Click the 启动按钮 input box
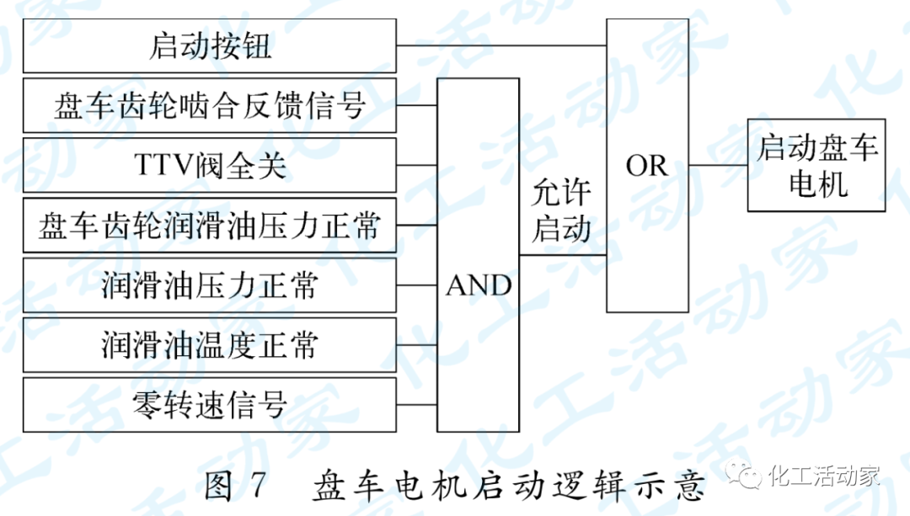coord(209,45)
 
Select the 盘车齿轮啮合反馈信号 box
coord(209,106)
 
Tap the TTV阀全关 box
coord(209,166)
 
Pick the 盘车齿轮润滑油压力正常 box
coord(209,226)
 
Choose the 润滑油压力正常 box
coord(209,285)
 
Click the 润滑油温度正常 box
coord(209,345)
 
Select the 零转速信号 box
coord(209,405)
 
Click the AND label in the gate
coord(478,286)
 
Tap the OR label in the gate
coord(646,166)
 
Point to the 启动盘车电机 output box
coord(816,166)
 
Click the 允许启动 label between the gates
coord(561,211)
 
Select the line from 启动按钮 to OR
coord(501,45)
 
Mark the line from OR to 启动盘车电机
coord(718,166)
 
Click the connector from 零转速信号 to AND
coord(417,405)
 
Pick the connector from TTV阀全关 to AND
coord(417,166)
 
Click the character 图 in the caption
coord(220,487)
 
